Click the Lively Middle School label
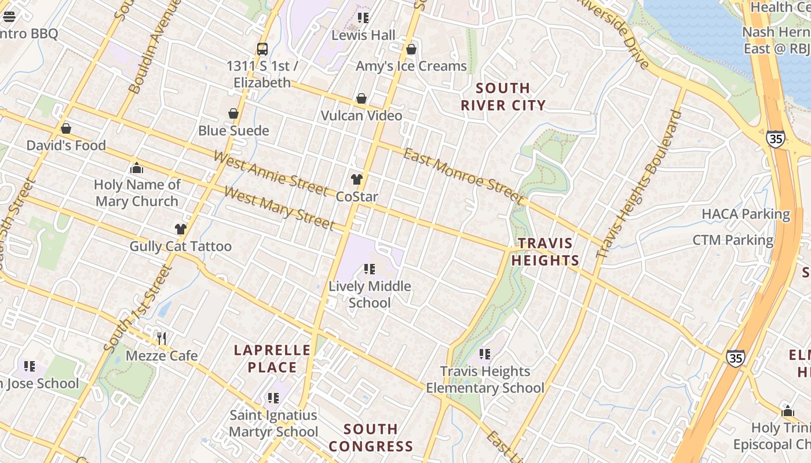click(x=370, y=294)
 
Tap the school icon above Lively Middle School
click(x=369, y=269)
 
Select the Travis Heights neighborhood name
click(x=545, y=252)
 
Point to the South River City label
click(x=503, y=97)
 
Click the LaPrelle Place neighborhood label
click(x=272, y=358)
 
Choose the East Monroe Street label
click(x=463, y=175)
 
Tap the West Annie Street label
click(x=271, y=172)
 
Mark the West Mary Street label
click(x=279, y=208)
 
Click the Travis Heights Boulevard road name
click(x=639, y=184)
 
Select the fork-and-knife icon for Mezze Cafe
click(x=162, y=338)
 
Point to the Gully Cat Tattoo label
click(x=180, y=247)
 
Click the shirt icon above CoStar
click(x=357, y=179)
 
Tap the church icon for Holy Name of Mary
click(x=137, y=168)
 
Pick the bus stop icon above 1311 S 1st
click(x=262, y=49)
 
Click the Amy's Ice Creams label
click(x=411, y=66)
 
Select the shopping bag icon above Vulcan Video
click(x=361, y=98)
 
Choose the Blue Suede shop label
click(x=233, y=130)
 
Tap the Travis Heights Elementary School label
click(x=485, y=380)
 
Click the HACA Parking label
click(x=746, y=214)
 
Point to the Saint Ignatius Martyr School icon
click(x=273, y=398)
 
